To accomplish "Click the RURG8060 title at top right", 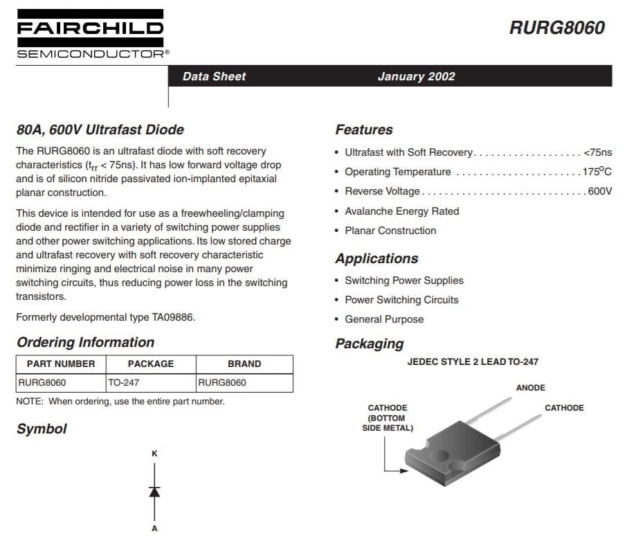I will click(x=556, y=28).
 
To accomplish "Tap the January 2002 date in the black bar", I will click(x=416, y=76).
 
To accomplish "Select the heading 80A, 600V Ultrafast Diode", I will click(x=100, y=129).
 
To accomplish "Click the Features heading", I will click(x=363, y=129).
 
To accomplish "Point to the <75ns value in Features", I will click(x=597, y=152).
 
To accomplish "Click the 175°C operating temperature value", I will click(x=597, y=172).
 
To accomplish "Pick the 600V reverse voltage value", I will click(x=599, y=191).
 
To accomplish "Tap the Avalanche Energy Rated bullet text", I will click(x=401, y=211).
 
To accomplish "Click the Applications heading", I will click(x=376, y=258).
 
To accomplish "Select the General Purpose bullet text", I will click(x=384, y=319).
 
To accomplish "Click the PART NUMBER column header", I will click(x=61, y=364).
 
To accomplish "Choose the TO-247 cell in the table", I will click(x=124, y=382).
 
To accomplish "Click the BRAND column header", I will click(x=244, y=364).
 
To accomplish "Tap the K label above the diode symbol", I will click(x=154, y=454).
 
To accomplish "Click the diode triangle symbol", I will click(x=154, y=492).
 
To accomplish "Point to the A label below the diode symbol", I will click(x=154, y=528).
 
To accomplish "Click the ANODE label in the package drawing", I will click(x=530, y=388).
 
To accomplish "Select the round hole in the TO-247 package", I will click(x=439, y=456).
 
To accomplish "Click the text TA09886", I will click(x=173, y=317).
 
